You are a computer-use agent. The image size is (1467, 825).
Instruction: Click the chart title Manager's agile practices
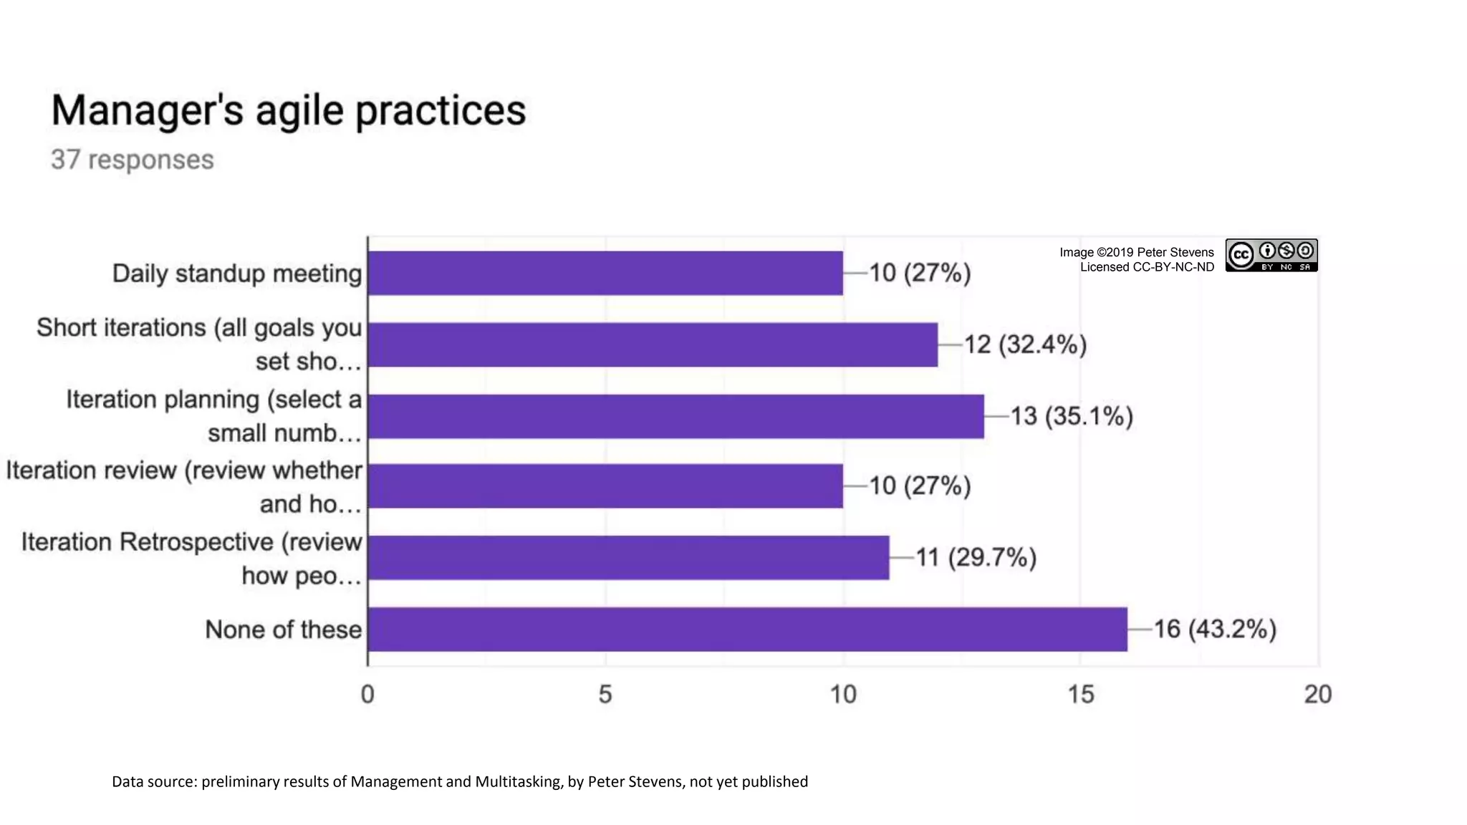coord(288,111)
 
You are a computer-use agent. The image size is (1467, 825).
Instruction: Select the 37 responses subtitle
coord(132,160)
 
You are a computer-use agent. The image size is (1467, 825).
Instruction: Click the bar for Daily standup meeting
coord(605,273)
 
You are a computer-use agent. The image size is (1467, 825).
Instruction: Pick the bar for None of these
coord(747,629)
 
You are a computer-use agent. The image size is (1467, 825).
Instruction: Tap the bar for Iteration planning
coord(675,416)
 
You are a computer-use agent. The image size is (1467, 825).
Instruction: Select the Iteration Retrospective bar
coord(628,558)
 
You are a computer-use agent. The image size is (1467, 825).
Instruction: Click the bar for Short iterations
coord(653,344)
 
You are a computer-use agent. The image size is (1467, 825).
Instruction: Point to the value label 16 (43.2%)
coord(1215,629)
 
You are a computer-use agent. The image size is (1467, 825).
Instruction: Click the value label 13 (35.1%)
coord(1072,416)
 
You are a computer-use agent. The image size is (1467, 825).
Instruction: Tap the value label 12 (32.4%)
coord(1025,344)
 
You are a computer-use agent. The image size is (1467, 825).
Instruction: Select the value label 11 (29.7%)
coord(976,558)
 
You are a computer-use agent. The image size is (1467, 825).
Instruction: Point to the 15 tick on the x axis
coord(1080,694)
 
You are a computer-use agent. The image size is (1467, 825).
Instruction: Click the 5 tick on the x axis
coord(605,694)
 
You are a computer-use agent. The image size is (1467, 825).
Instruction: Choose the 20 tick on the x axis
coord(1317,694)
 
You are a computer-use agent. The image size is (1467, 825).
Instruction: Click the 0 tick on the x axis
coord(367,694)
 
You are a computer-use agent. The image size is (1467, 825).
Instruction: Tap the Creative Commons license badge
coord(1271,256)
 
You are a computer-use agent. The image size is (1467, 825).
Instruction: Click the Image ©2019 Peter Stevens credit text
coord(1137,252)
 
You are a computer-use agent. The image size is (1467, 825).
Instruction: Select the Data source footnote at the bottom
coord(459,781)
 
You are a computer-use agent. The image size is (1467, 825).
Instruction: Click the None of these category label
coord(283,629)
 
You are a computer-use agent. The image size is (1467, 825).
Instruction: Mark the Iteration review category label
coord(184,487)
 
